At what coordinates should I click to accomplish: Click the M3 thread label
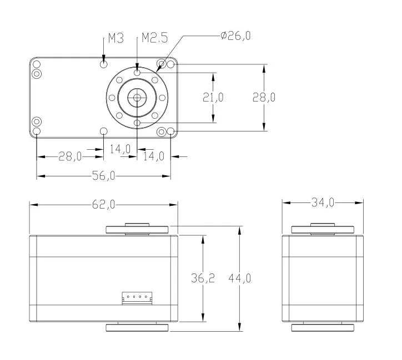tap(115, 38)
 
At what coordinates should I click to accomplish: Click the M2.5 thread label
tap(154, 38)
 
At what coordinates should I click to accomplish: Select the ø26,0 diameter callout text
tap(235, 36)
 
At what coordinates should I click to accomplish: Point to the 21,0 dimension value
tap(213, 98)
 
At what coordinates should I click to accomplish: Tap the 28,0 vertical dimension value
tap(264, 98)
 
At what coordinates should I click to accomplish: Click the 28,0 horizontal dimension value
tap(71, 156)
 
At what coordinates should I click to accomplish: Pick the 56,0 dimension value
tap(104, 176)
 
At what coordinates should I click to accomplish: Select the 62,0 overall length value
tap(104, 205)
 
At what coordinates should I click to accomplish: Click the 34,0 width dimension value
tap(322, 203)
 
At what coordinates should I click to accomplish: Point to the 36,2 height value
tap(203, 278)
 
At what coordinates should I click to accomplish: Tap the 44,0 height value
tap(239, 278)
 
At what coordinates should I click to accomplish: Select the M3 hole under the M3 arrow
tap(104, 64)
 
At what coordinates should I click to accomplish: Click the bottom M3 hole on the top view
tap(104, 131)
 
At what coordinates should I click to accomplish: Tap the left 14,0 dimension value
tap(120, 149)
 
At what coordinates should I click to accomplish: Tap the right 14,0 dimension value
tap(154, 156)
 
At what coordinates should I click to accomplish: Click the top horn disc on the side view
tap(323, 229)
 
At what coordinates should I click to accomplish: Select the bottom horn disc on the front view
tap(137, 327)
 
